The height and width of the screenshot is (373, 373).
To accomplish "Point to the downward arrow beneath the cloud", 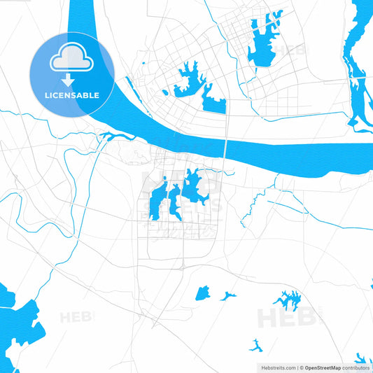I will click(x=72, y=80).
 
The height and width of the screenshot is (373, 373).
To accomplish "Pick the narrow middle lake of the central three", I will click(x=174, y=201).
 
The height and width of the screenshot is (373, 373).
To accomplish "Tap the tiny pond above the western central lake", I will click(x=164, y=180).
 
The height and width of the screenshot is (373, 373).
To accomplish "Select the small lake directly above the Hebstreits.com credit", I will click(x=256, y=345).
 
